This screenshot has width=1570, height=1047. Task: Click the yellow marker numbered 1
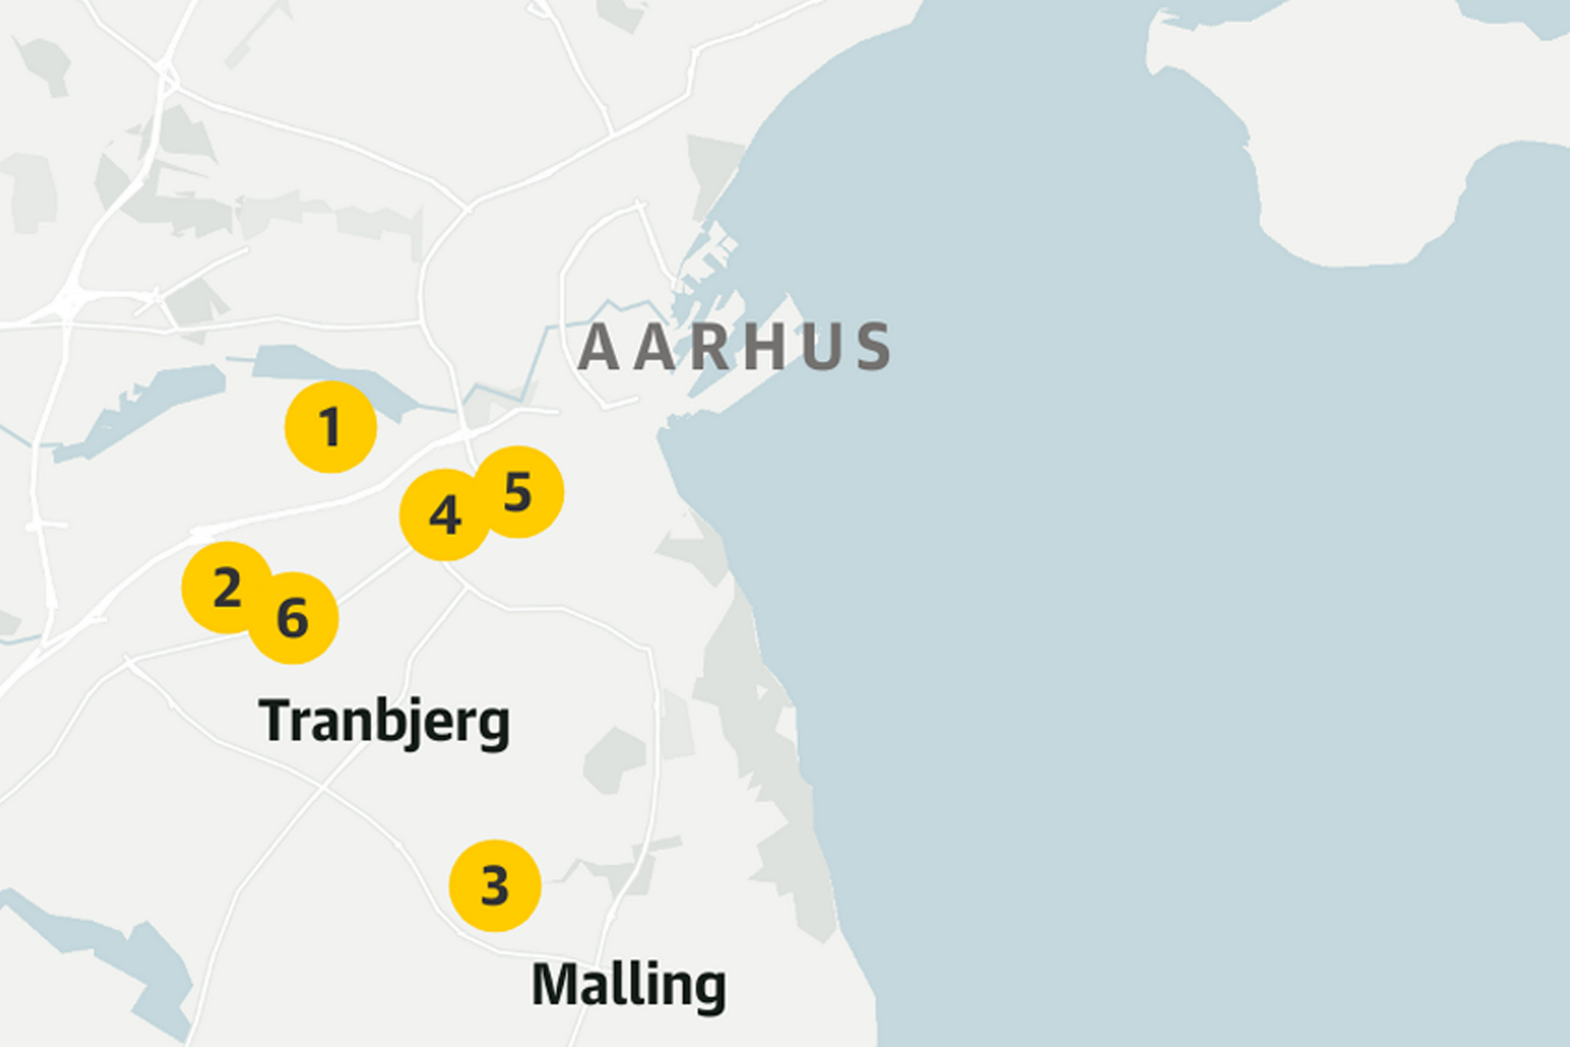[331, 427]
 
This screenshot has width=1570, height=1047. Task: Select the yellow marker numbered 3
[495, 886]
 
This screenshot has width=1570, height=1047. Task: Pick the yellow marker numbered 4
[445, 515]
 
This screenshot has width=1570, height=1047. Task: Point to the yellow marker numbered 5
[518, 492]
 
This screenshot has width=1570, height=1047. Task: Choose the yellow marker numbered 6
[293, 618]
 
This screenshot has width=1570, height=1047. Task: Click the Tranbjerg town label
[385, 723]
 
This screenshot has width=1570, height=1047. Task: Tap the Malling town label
[629, 986]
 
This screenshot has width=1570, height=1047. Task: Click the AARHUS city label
[733, 346]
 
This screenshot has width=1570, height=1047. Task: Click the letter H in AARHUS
[764, 346]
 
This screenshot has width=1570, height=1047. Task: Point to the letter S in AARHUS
[874, 346]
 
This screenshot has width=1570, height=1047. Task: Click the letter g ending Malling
[710, 991]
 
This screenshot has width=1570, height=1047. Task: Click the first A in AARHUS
[597, 346]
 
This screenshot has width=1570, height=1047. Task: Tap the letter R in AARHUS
[709, 346]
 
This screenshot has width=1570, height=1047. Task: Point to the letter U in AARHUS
[821, 346]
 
